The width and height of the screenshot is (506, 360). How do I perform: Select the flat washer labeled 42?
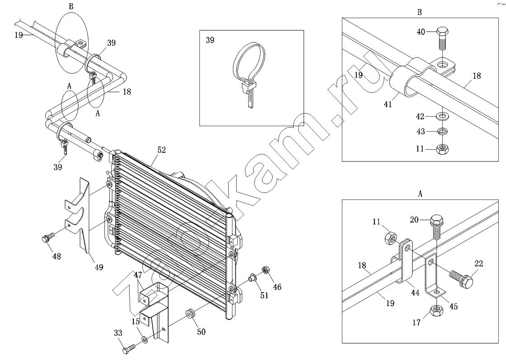click(x=442, y=117)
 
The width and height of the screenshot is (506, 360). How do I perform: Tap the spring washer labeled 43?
click(x=442, y=132)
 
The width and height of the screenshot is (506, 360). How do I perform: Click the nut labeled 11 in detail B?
click(x=442, y=148)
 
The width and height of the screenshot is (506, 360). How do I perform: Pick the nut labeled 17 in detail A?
click(x=436, y=310)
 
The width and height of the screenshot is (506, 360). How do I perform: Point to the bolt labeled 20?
click(x=437, y=226)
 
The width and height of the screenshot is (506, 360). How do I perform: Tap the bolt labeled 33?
click(x=129, y=350)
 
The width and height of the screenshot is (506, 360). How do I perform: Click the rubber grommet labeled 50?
click(x=190, y=313)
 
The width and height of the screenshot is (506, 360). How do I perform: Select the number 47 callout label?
click(x=138, y=275)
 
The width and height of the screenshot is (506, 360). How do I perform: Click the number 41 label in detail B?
click(x=387, y=104)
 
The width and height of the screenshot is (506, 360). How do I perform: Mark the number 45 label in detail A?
click(x=453, y=306)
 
